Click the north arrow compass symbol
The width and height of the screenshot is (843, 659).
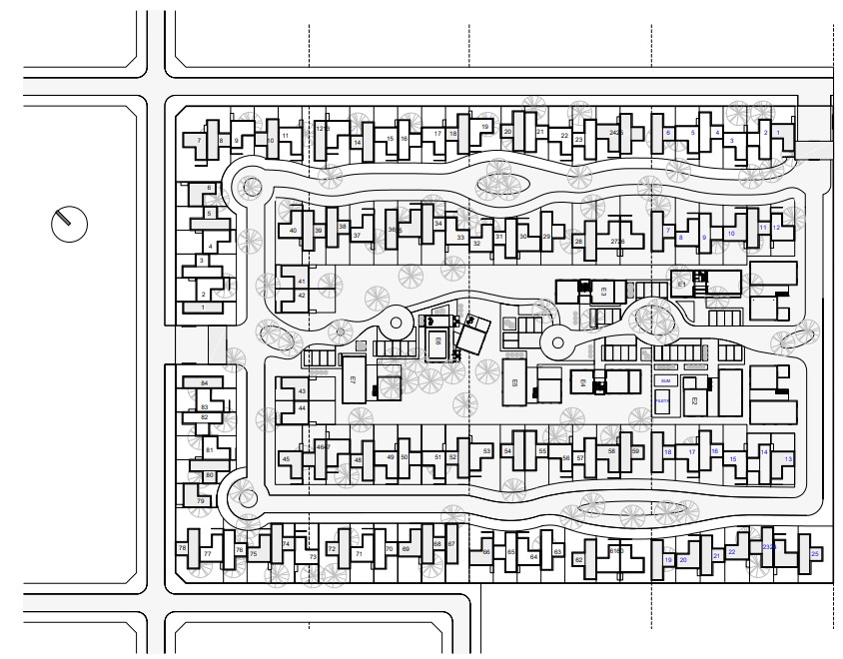coord(69,223)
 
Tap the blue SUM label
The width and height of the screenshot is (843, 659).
coord(664,381)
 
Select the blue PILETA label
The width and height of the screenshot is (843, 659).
coord(663,400)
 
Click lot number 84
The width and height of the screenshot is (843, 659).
coord(204,383)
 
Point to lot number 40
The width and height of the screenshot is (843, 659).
coord(293,231)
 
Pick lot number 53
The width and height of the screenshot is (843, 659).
coord(486,451)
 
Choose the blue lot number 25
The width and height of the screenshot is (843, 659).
coord(815,553)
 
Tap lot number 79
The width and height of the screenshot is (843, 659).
coord(201,500)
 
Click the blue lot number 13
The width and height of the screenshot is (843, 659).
coord(788,458)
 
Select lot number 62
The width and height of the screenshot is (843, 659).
coord(578,560)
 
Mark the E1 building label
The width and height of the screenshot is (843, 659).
coord(683,285)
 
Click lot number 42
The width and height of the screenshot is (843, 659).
coord(302,296)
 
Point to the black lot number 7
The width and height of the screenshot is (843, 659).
coord(200,142)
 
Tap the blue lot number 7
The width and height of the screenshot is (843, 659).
coord(667,231)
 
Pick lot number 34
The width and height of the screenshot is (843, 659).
coord(438,224)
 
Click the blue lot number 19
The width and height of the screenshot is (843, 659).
coord(668,560)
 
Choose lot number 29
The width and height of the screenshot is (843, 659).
coord(546,237)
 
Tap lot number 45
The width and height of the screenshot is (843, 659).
coord(287,459)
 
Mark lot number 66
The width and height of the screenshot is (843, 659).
coord(486,551)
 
